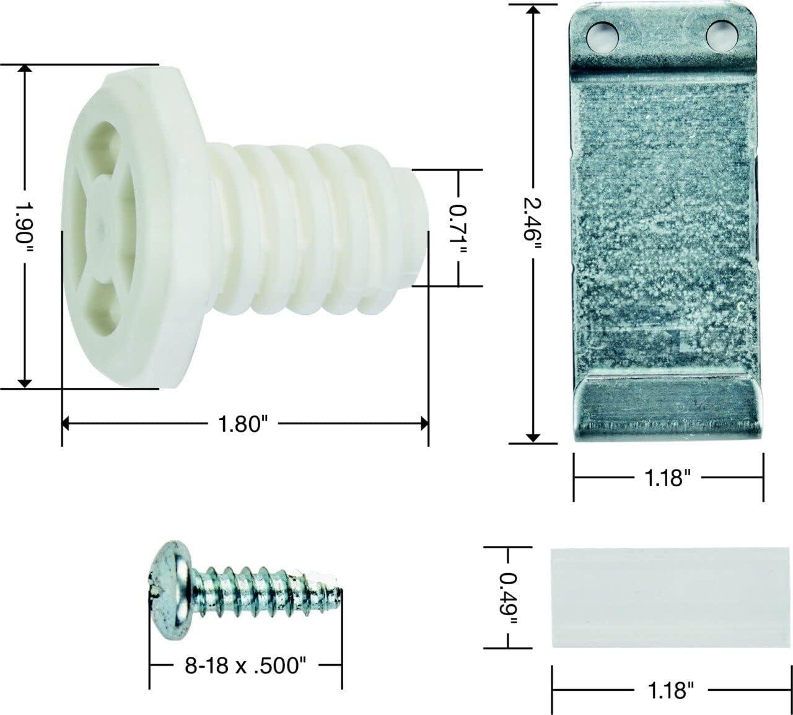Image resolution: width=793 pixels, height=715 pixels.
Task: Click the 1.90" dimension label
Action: point(25,226)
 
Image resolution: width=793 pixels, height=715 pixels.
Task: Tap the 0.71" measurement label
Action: point(458,228)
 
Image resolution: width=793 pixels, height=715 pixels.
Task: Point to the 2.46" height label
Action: point(532,224)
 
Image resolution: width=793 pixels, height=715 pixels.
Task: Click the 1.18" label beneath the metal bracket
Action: point(667,478)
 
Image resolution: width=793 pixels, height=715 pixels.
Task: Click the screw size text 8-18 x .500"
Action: point(245,665)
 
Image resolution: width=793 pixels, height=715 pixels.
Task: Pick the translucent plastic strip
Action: point(668,597)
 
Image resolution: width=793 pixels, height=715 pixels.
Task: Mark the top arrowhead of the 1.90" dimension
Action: point(25,69)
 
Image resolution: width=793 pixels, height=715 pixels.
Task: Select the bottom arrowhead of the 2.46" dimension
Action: point(532,437)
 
